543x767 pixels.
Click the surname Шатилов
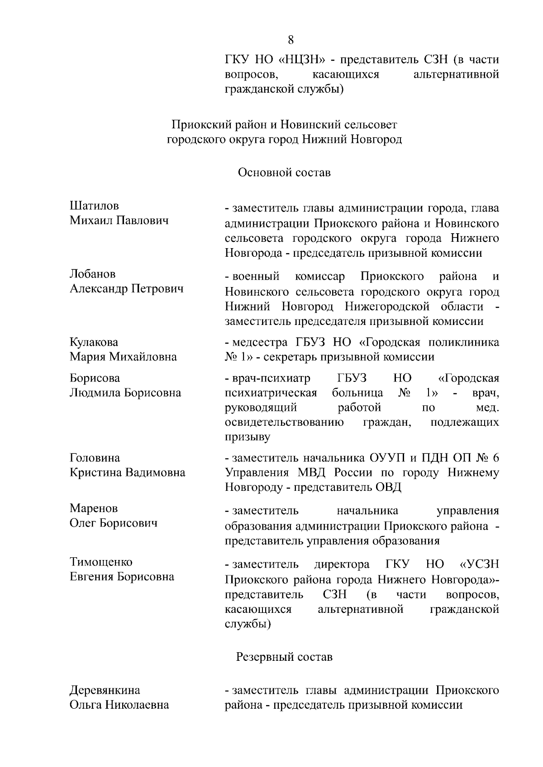tap(94, 206)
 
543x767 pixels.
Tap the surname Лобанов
tap(93, 274)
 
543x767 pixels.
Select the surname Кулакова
tap(94, 342)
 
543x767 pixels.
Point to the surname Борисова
tap(95, 378)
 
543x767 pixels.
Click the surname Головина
tap(95, 458)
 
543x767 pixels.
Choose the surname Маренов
tap(94, 508)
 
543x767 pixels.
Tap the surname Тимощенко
tap(101, 562)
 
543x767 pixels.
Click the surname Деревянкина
tap(105, 690)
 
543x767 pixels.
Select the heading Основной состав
tap(284, 173)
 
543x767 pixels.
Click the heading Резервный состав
tap(284, 657)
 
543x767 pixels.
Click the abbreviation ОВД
tap(388, 488)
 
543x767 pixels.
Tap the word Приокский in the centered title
tap(198, 124)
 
